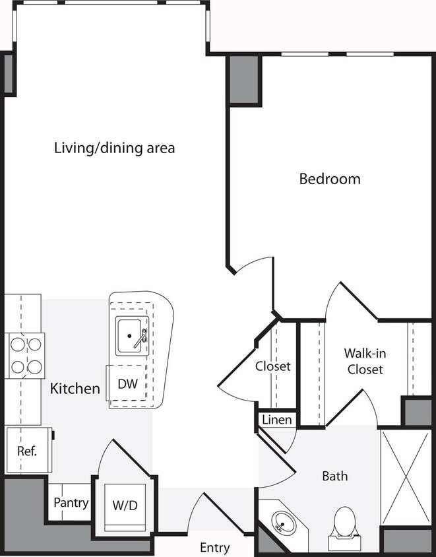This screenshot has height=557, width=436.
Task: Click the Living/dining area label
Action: (114, 148)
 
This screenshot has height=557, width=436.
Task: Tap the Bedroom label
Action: (330, 178)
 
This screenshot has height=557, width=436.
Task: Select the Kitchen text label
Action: (75, 388)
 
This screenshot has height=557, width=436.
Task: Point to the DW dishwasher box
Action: (127, 384)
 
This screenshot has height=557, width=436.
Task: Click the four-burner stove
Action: (25, 356)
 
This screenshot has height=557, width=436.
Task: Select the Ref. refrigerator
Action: (28, 451)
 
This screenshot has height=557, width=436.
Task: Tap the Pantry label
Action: (71, 503)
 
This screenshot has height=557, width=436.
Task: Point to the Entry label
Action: (215, 547)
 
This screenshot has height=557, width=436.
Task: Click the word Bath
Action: (334, 476)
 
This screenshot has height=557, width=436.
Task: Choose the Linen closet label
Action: (277, 420)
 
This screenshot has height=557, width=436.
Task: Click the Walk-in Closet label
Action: (363, 362)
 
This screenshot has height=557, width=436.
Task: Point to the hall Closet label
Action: (273, 366)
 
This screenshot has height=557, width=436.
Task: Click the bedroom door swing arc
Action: (254, 271)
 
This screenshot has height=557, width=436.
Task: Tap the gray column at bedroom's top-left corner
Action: (243, 80)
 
